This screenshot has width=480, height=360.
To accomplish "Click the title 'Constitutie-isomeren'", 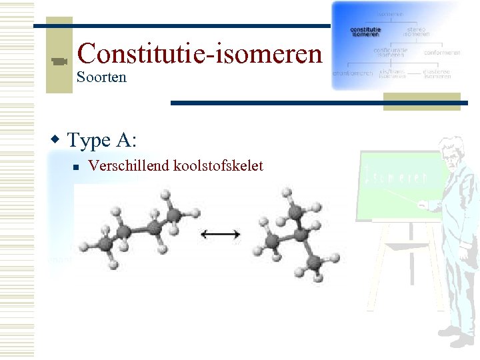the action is (199, 53).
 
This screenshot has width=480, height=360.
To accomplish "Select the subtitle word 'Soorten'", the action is (101, 77).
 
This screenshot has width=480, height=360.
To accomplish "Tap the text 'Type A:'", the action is (102, 140).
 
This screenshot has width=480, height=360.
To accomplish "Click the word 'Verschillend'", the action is (129, 165).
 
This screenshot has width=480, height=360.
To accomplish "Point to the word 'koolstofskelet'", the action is (219, 165).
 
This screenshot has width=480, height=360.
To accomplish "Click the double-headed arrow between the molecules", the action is (221, 233).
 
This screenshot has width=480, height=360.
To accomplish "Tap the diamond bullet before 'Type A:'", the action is (56, 140).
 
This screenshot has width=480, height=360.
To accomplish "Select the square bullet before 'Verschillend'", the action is (77, 167).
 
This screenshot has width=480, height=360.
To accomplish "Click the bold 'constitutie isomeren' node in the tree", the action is (366, 32).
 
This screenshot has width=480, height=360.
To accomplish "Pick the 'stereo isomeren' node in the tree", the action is (416, 32).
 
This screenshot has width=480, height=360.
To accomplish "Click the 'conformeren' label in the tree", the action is (441, 52).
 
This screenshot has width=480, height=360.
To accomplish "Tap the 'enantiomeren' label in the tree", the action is (353, 73).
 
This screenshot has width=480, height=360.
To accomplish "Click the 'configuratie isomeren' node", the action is (391, 52).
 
